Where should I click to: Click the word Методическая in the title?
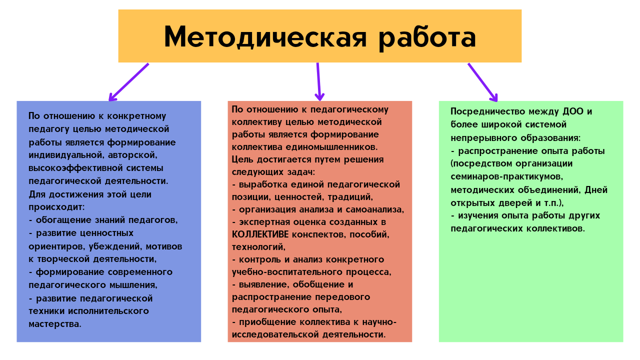(x=265, y=37)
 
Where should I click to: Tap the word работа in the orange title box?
(x=427, y=39)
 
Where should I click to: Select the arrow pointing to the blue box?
(x=128, y=82)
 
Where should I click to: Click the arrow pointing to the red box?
(x=319, y=81)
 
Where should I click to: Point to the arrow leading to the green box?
(x=483, y=82)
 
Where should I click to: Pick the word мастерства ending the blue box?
(x=55, y=324)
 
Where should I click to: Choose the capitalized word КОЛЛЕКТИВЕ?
(x=260, y=235)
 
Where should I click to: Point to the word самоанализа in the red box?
(x=375, y=210)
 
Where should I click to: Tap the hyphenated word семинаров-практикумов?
(x=507, y=177)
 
